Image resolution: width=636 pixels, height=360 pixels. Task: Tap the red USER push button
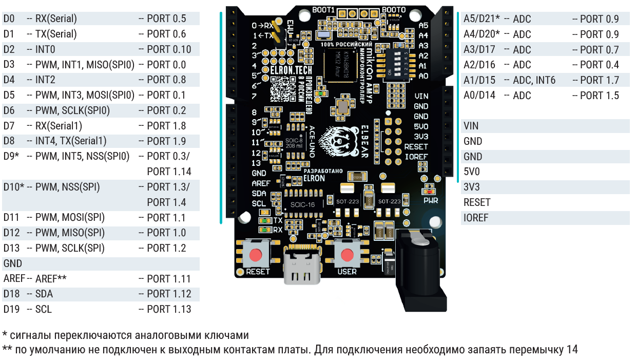(x=348, y=255)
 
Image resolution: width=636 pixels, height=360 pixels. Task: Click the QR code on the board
(x=281, y=88)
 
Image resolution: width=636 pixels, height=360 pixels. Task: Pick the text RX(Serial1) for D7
(x=59, y=126)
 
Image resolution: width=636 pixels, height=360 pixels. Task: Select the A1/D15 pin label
(x=479, y=80)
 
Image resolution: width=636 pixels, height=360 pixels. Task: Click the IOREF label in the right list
(x=476, y=218)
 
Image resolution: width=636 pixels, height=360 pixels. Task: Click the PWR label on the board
(x=431, y=200)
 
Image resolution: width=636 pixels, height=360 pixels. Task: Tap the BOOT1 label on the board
(x=323, y=10)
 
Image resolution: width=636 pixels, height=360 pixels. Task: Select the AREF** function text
(x=51, y=279)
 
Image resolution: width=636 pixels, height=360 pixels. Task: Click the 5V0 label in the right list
(x=472, y=172)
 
